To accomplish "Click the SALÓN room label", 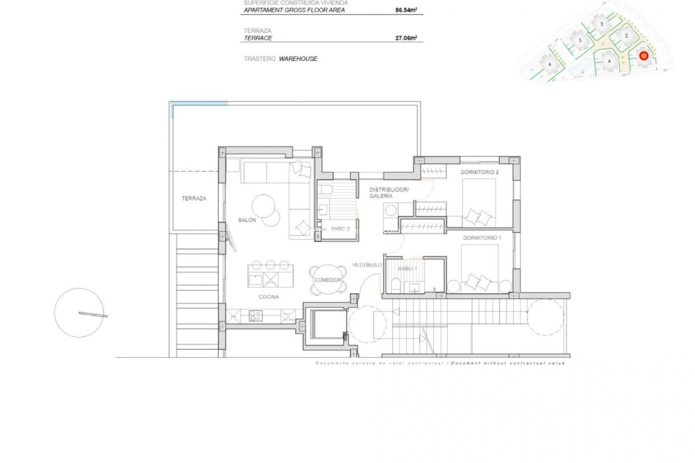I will click(247, 220).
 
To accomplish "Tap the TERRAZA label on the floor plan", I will click(194, 198).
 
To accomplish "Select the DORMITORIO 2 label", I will click(479, 172).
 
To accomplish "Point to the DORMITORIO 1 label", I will click(482, 238).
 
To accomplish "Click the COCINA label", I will click(269, 297).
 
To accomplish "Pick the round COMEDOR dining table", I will click(328, 280).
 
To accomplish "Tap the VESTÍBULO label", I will click(367, 265).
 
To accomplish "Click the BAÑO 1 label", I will click(408, 269).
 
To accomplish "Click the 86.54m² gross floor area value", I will click(406, 10).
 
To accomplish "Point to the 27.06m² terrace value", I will click(406, 38).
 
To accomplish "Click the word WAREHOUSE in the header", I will click(298, 59).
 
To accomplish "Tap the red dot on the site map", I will click(644, 56).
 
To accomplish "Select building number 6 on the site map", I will click(550, 64).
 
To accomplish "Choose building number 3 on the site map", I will click(602, 24).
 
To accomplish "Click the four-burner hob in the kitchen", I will click(256, 316).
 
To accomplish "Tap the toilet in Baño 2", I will click(325, 190).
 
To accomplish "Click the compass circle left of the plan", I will click(79, 313).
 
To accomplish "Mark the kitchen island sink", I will click(256, 280).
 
